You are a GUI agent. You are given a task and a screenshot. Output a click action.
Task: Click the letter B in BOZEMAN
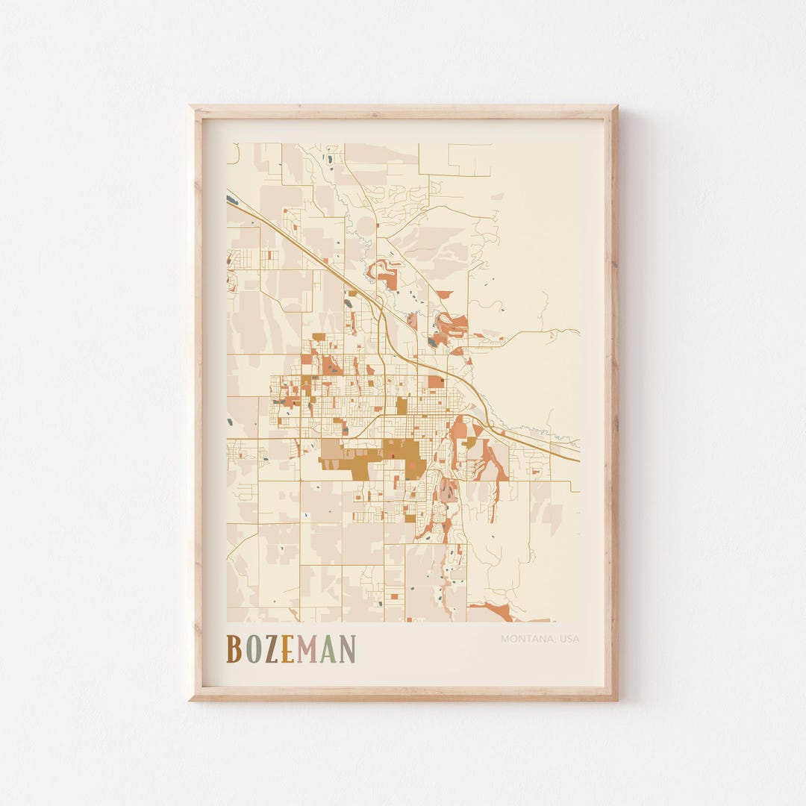[x=234, y=649]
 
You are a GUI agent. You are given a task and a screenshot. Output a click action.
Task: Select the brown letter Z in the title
[x=270, y=649]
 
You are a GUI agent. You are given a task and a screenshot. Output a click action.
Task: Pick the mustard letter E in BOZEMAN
[x=287, y=649]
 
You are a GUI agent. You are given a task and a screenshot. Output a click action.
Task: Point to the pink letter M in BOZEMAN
[x=306, y=649]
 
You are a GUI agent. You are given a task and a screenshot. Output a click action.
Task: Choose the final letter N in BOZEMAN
[x=347, y=649]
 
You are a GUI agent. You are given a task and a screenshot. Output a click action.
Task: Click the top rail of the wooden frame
[x=403, y=112]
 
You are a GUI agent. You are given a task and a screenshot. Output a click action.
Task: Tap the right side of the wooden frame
[x=611, y=403]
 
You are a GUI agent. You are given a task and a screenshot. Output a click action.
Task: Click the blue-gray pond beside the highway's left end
[x=232, y=199]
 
